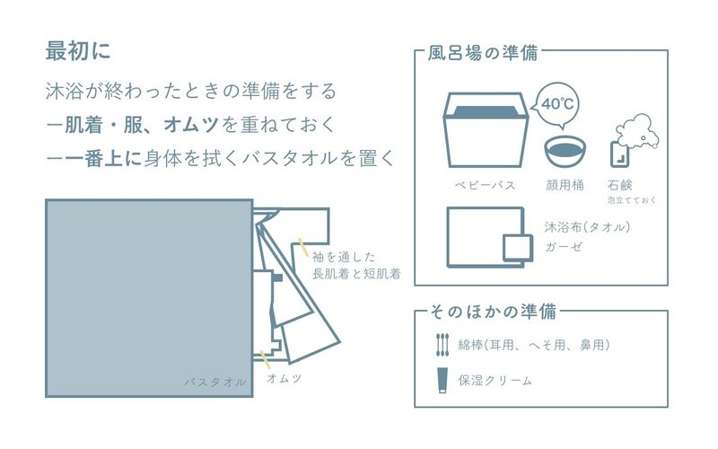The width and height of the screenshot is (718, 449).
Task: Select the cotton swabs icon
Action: [442, 344]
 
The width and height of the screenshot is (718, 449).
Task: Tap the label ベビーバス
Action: [485, 185]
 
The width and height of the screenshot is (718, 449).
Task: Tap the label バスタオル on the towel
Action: [215, 382]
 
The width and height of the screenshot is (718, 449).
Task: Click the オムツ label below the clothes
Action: [285, 379]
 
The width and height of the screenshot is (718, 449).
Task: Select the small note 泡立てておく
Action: [632, 199]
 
